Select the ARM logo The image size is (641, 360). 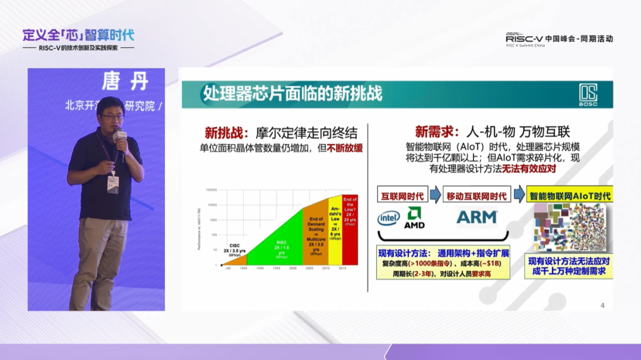(477, 218)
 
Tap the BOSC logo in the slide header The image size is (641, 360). (588, 94)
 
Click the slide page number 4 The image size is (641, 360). (602, 305)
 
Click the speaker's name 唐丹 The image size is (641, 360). (124, 81)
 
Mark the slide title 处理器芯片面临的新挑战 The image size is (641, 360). (293, 93)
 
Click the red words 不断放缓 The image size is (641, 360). (345, 148)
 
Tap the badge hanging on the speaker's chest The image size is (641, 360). (112, 184)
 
